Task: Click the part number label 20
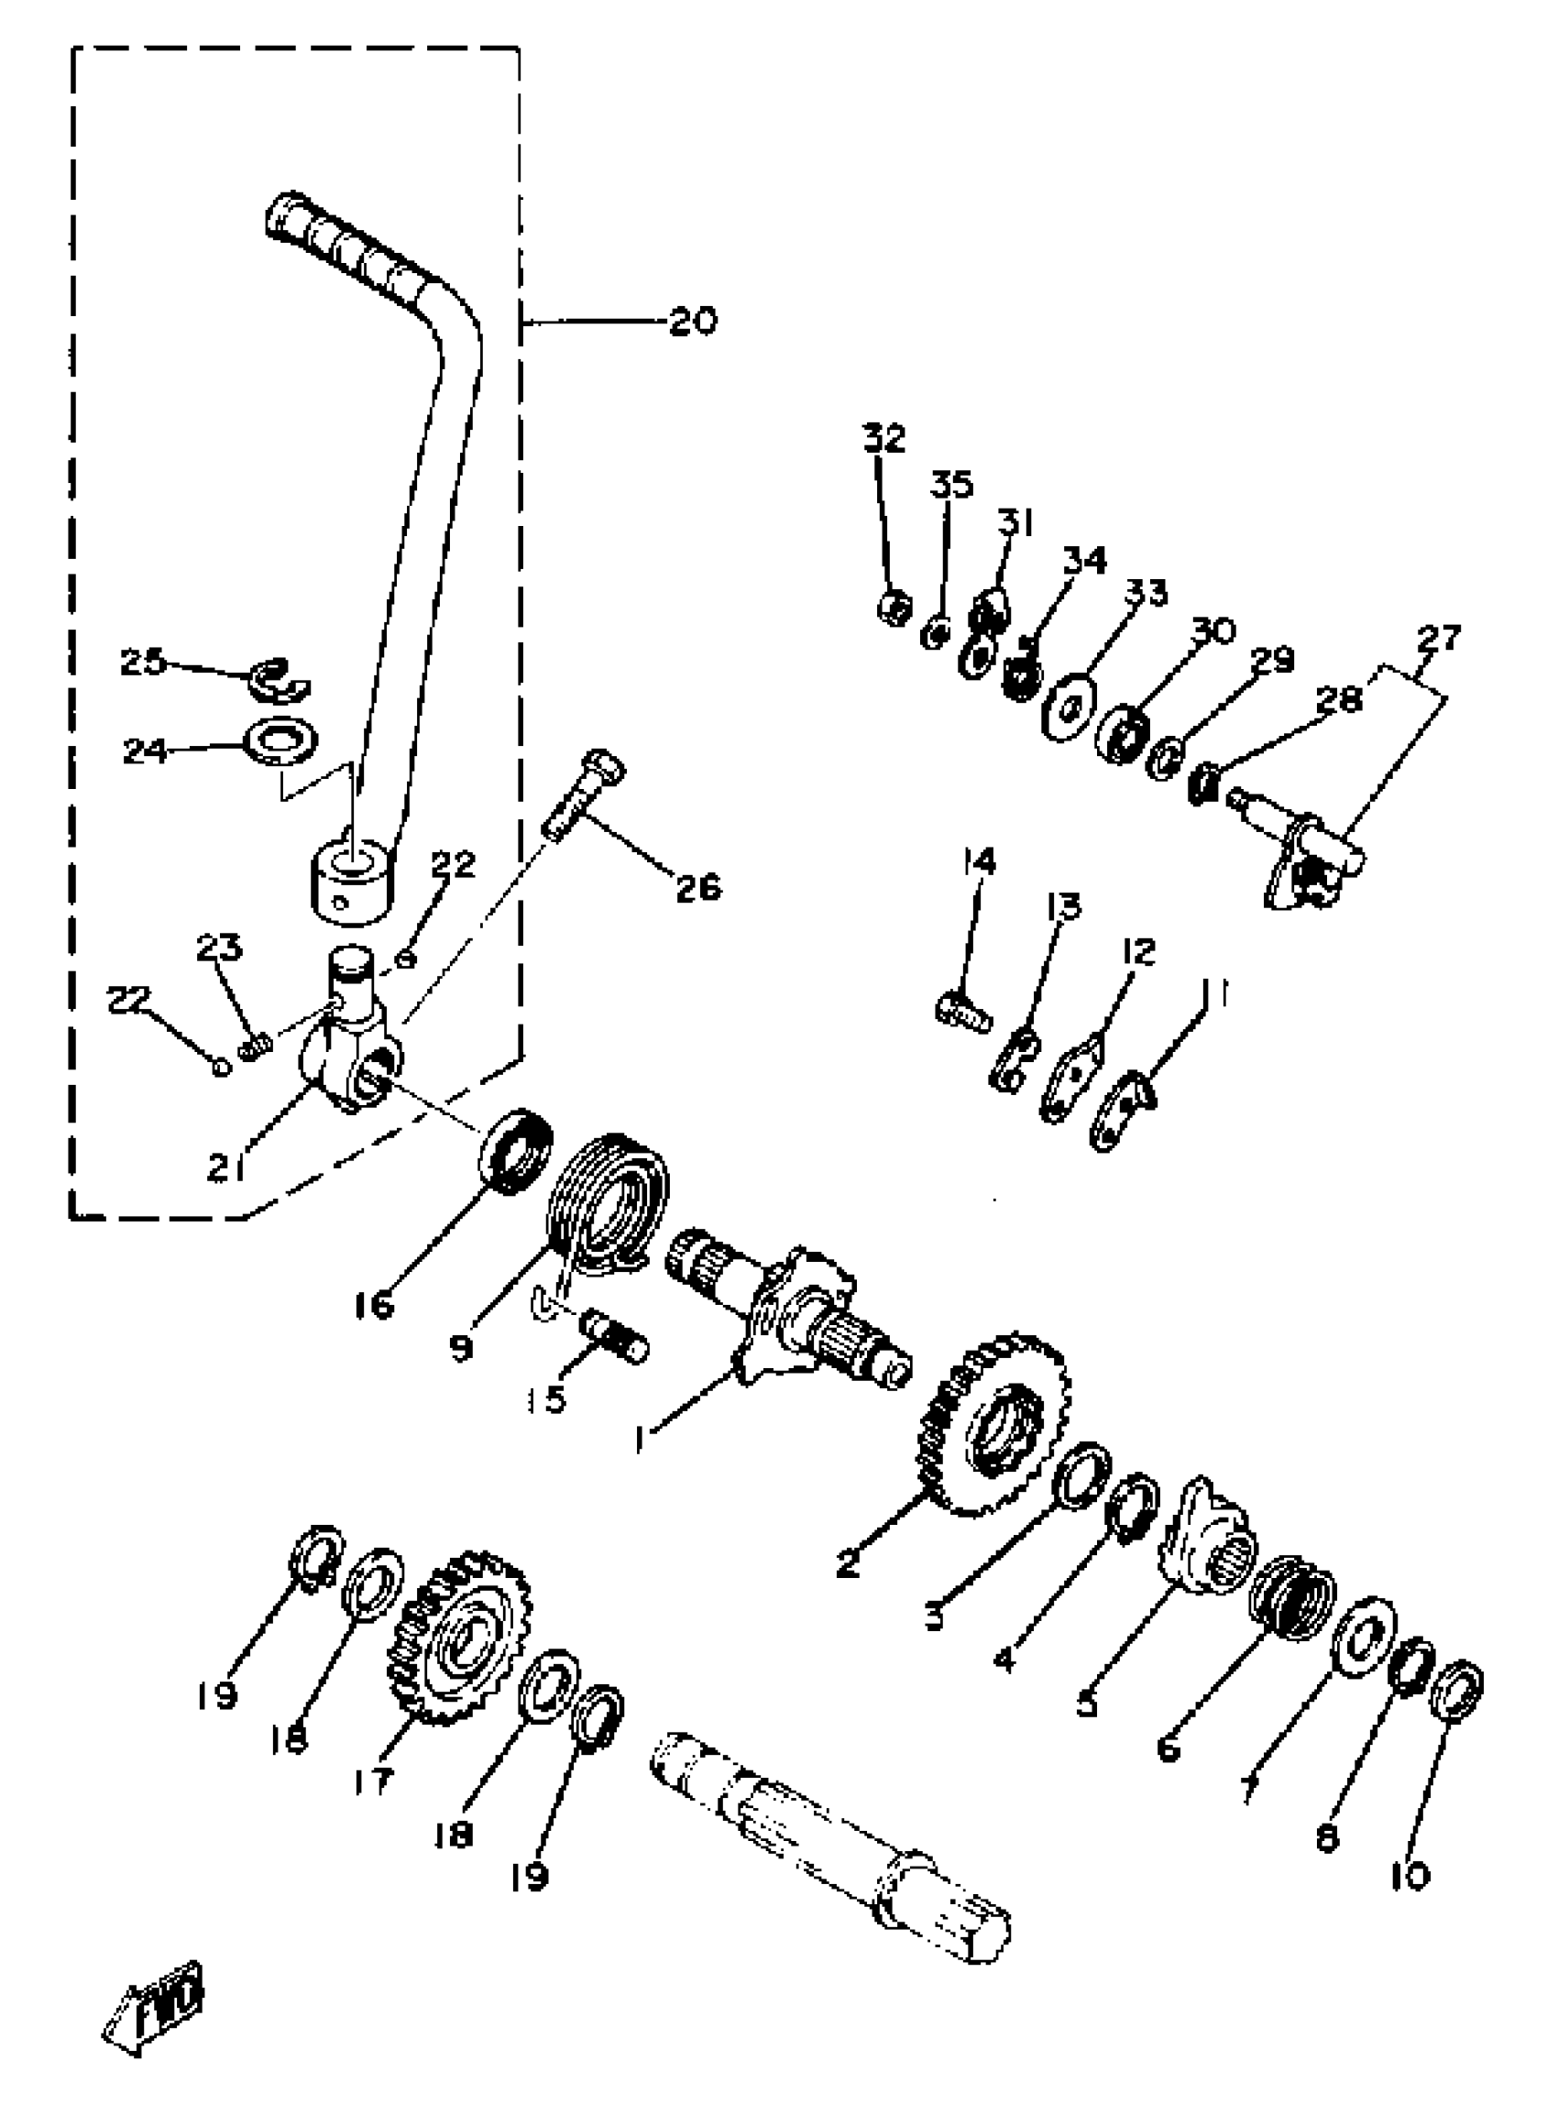click(693, 323)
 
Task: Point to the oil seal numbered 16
click(516, 1153)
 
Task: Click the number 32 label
click(883, 439)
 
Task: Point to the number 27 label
click(1438, 638)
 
